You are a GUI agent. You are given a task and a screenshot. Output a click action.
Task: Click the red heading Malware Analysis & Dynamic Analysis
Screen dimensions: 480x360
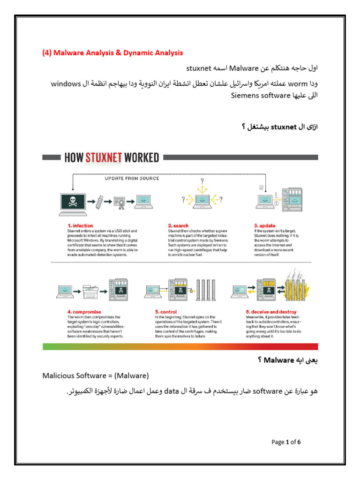[x=112, y=53]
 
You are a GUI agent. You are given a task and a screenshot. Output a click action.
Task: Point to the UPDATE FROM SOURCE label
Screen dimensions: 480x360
[x=132, y=178]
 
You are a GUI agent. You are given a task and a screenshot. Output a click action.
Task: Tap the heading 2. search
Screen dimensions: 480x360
[x=178, y=225]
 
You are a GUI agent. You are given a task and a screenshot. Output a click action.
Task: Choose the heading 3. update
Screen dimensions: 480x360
[x=265, y=225]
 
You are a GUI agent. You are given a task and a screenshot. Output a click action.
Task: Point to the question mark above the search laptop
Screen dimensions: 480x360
[x=202, y=180]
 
